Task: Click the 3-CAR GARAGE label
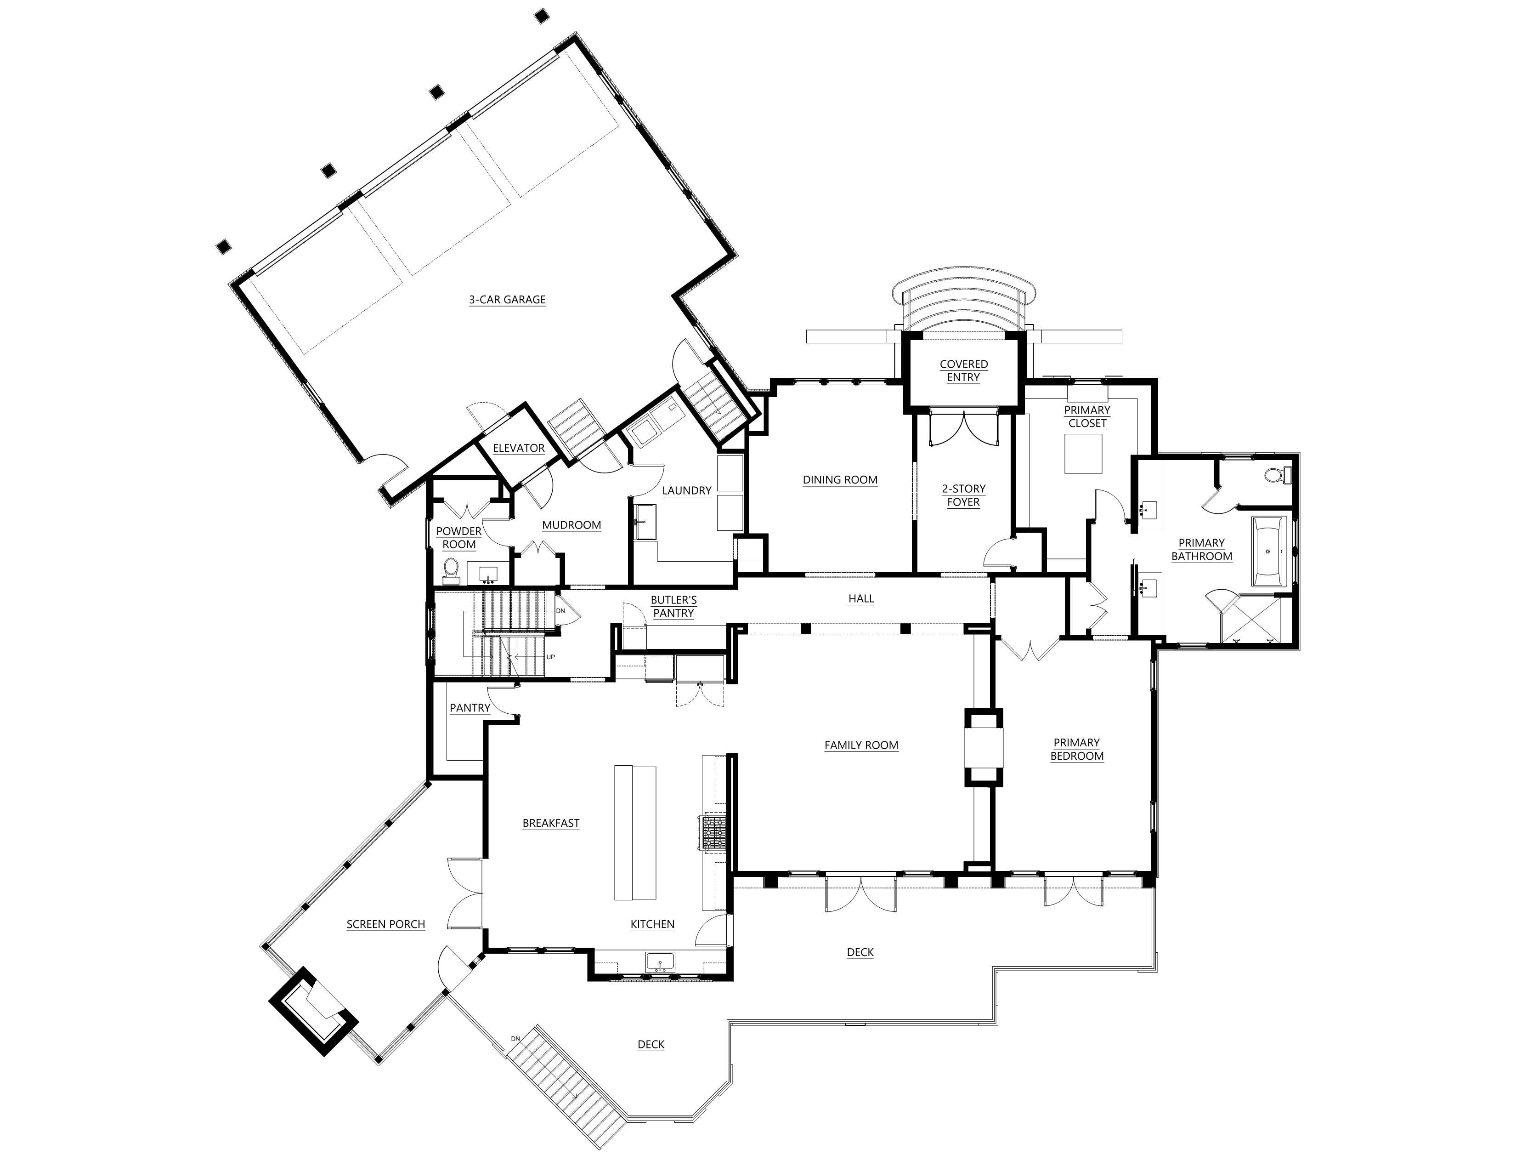[x=508, y=300]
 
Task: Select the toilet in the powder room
[x=451, y=569]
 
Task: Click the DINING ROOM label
[x=840, y=480]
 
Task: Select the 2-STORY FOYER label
[x=963, y=495]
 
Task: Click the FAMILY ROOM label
[x=861, y=745]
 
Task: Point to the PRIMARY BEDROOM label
[x=1077, y=749]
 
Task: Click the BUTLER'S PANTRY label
[x=673, y=606]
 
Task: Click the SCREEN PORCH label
[x=386, y=924]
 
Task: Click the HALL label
[x=861, y=598]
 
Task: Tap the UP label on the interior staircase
[x=551, y=657]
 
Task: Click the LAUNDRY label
[x=686, y=490]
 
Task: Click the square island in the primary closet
[x=1083, y=453]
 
